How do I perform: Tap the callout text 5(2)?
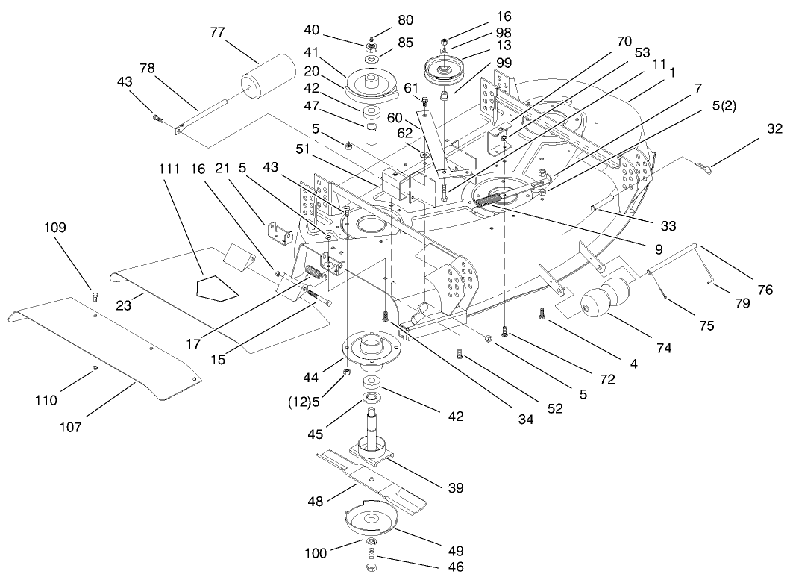722,105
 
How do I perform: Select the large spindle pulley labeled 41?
371,80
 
